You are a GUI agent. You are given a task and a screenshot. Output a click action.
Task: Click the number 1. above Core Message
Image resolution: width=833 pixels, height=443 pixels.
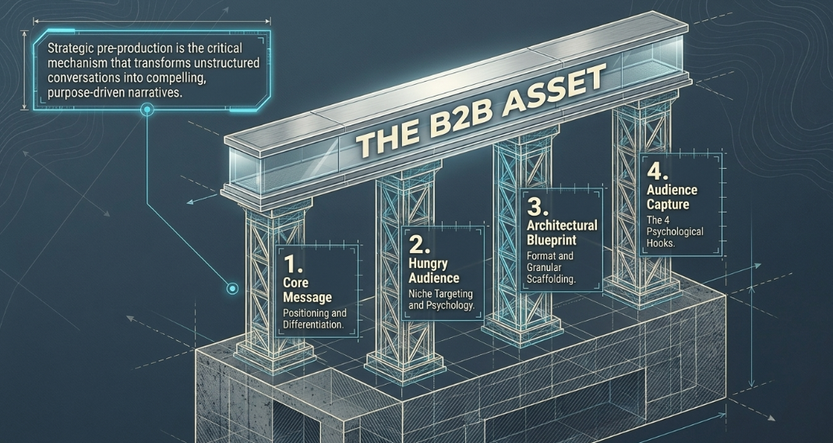(x=293, y=265)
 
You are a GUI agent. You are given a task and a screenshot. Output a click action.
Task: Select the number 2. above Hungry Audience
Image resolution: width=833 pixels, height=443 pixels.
(x=419, y=244)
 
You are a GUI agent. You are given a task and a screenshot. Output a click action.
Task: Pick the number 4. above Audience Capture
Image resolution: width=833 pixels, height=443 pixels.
(x=658, y=171)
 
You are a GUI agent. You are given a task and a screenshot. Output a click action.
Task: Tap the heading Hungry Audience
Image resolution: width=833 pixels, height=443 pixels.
(x=433, y=271)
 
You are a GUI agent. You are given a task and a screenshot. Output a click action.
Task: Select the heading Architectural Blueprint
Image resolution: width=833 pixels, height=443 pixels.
(x=562, y=232)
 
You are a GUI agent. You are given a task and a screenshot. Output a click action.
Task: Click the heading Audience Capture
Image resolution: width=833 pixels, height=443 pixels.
(x=672, y=197)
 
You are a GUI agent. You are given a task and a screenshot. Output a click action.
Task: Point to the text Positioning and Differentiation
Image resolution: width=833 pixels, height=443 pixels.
(x=315, y=318)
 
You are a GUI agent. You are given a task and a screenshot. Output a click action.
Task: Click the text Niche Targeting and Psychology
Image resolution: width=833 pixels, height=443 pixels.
(x=441, y=300)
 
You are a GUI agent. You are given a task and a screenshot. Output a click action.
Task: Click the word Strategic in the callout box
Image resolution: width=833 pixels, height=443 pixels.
(x=69, y=49)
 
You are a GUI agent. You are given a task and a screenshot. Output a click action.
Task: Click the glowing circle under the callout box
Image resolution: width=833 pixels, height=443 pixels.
(x=147, y=111)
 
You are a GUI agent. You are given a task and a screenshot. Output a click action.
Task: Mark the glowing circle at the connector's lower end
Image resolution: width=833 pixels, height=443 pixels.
(x=232, y=289)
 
